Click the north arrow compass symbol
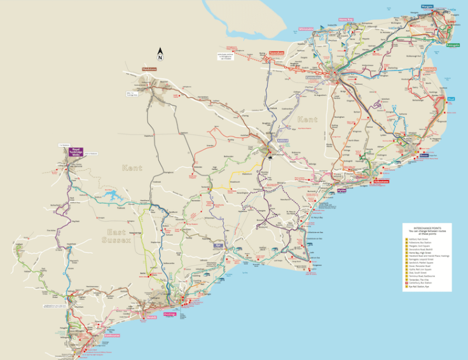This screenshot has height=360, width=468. [x=161, y=54]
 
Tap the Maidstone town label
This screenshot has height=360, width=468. [x=149, y=69]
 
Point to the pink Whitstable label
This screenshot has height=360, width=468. [x=306, y=29]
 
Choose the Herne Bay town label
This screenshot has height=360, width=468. [x=345, y=20]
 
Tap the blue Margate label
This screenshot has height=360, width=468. [x=426, y=6]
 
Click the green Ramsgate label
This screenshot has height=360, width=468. [x=453, y=45]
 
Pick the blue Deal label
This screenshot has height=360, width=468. [x=451, y=99]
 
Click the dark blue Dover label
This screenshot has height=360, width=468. [x=424, y=155]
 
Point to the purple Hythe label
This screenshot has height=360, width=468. [x=341, y=190]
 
